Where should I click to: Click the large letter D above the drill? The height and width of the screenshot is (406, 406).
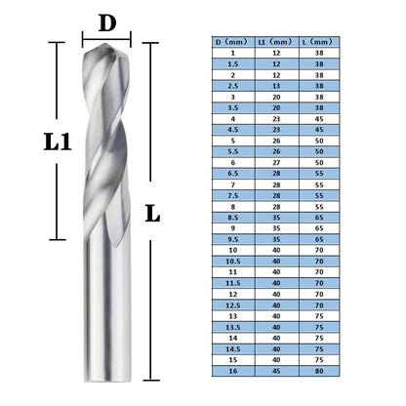click(x=111, y=20)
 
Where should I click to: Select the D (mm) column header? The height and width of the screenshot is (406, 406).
click(x=233, y=42)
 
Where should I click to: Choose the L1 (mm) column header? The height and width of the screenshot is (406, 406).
click(x=276, y=42)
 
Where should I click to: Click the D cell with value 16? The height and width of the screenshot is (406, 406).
click(x=233, y=371)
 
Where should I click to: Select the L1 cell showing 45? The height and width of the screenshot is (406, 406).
click(x=276, y=371)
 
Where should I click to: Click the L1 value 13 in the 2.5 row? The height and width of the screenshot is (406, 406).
click(x=276, y=86)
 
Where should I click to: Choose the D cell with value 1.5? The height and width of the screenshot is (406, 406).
click(x=233, y=63)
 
